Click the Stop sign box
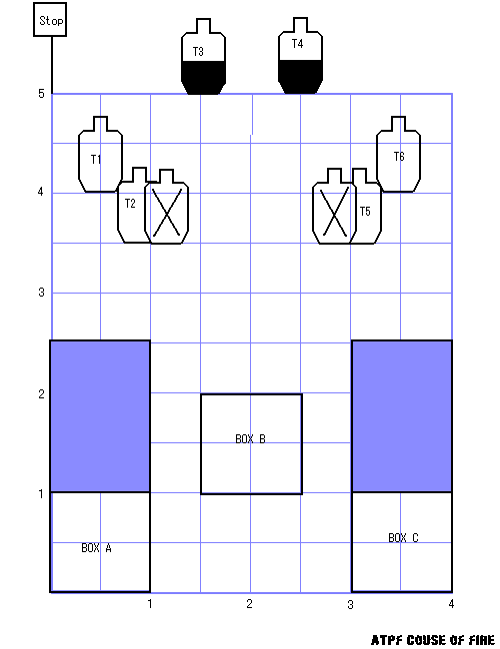click(50, 20)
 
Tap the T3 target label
click(198, 52)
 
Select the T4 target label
click(297, 44)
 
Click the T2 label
click(130, 204)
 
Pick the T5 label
click(365, 212)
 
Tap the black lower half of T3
click(204, 78)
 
